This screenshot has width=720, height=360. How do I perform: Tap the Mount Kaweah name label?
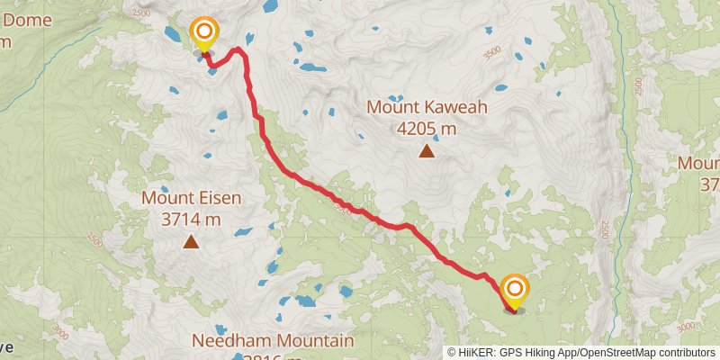coord(427,108)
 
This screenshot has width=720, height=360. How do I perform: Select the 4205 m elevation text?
coord(427,128)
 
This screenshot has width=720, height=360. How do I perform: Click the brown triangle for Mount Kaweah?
coord(427,151)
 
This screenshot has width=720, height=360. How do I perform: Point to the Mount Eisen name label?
coord(191,198)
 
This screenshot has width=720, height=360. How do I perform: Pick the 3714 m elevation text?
coord(191,219)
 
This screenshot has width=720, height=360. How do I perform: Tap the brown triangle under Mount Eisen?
coord(191,241)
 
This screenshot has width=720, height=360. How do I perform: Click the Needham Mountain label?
coord(272,341)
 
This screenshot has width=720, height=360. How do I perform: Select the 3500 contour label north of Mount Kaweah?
coord(491,53)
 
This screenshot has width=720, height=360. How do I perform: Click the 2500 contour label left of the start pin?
coord(141,13)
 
